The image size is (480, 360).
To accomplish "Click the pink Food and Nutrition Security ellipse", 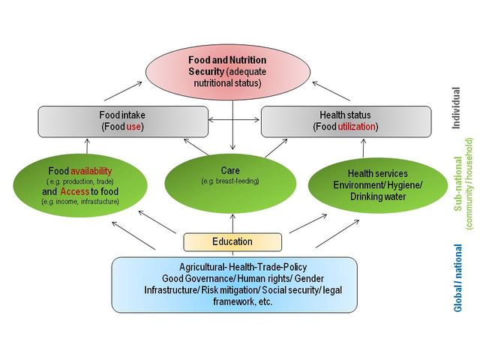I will [232, 64].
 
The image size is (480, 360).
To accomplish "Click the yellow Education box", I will [232, 241].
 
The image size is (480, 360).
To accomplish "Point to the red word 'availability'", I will [91, 170].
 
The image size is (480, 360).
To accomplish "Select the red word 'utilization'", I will [358, 127].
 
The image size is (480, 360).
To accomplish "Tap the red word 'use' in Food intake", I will [133, 127].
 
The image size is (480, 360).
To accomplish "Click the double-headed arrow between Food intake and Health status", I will [234, 120].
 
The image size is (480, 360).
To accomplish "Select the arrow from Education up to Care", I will [232, 223].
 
